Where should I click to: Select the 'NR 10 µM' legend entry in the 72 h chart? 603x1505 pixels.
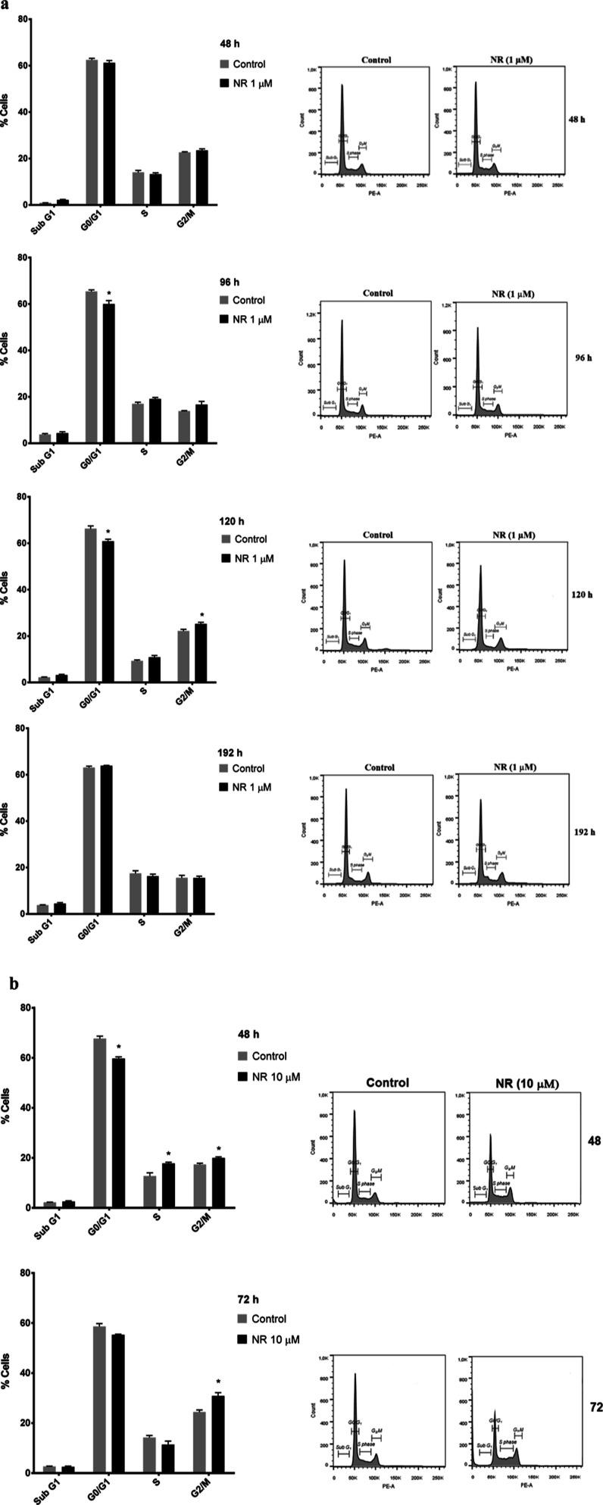pyautogui.click(x=270, y=1340)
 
